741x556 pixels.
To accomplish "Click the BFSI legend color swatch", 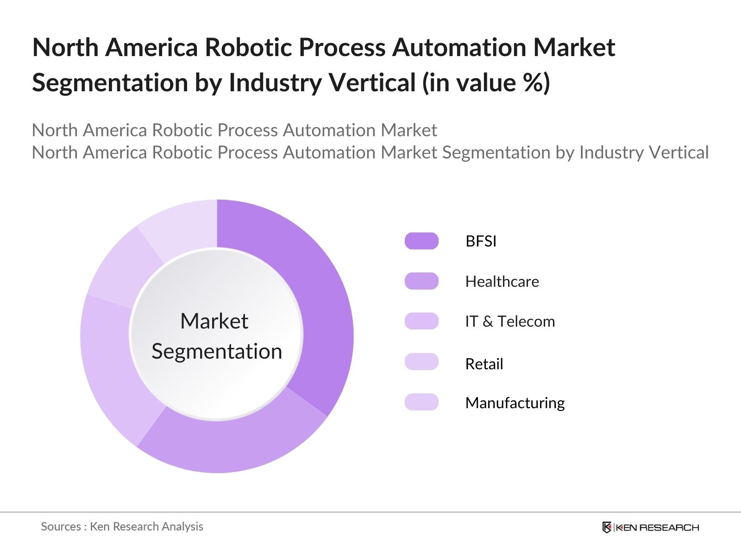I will [421, 241].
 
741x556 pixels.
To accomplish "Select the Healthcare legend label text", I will [502, 281].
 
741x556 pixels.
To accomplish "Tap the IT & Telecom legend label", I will [509, 321].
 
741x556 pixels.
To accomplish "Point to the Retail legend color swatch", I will [421, 362].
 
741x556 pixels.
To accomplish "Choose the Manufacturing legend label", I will [515, 403].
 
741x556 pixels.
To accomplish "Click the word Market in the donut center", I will [214, 321].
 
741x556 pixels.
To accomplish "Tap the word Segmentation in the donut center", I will [217, 351].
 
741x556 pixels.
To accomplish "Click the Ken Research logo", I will [650, 527].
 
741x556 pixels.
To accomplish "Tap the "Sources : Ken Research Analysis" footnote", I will [122, 526].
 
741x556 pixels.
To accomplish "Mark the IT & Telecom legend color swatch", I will [421, 321].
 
